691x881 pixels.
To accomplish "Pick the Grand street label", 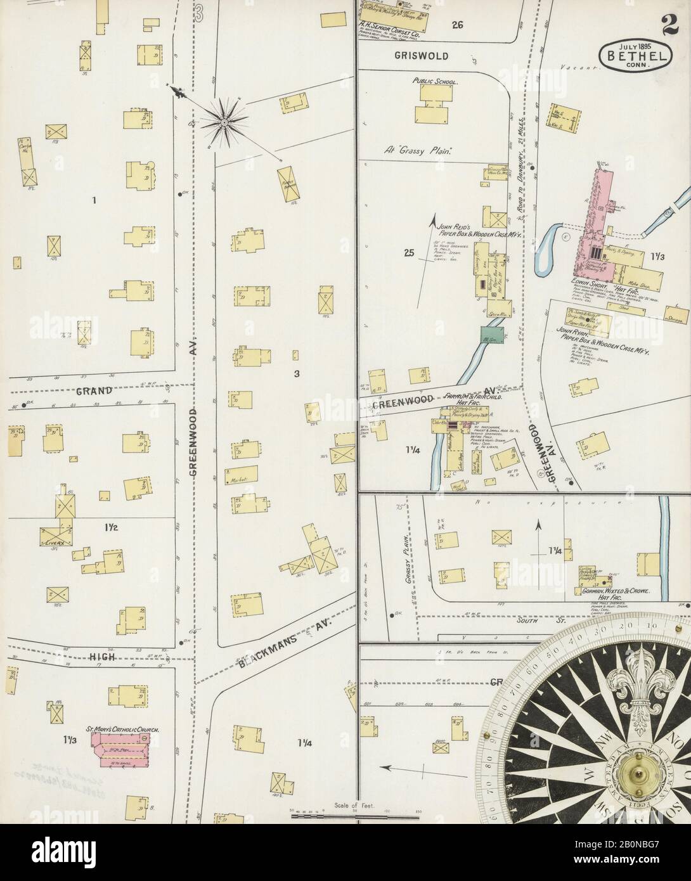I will coord(95,390).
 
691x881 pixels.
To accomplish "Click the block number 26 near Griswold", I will coord(458,25).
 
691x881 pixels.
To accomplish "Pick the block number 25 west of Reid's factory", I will coord(409,254).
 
